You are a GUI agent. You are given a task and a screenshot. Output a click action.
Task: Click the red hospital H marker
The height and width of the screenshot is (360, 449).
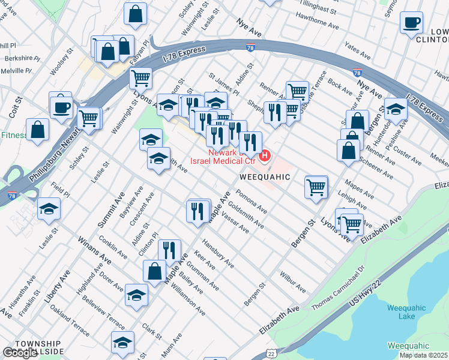[265, 157]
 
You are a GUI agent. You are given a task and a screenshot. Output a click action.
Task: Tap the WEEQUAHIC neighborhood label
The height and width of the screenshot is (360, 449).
[265, 178]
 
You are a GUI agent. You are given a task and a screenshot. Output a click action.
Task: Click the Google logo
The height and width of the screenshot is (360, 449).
[20, 353]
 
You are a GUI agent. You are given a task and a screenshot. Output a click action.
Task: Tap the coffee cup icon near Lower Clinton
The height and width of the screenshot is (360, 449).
[411, 23]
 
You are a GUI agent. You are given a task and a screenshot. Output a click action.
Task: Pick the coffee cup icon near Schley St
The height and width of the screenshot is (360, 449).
[61, 108]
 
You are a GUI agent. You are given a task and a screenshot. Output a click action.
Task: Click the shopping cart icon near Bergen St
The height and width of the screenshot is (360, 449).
[316, 187]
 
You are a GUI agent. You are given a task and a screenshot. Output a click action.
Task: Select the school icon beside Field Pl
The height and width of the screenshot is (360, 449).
[49, 209]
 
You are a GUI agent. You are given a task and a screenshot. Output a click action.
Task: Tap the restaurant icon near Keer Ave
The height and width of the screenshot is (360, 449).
[169, 250]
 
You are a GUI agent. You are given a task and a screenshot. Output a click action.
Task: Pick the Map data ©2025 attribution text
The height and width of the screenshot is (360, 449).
[424, 355]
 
